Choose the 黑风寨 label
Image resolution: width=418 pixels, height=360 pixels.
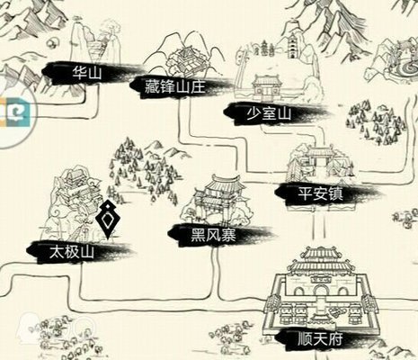coord(209,231)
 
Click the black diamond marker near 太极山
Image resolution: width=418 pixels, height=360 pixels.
coord(109,219)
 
